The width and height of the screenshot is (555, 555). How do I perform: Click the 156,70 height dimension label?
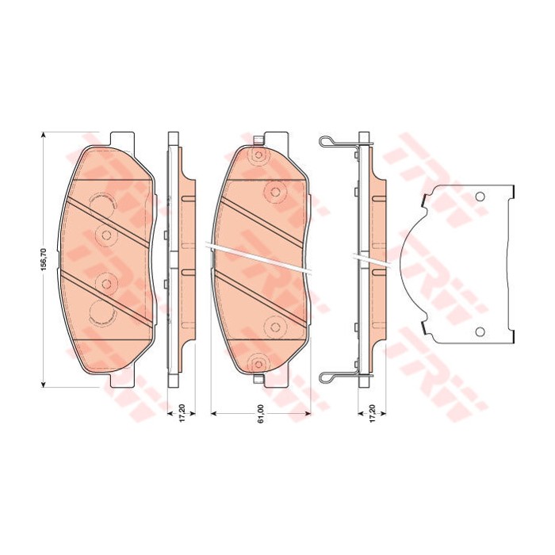tap(44, 260)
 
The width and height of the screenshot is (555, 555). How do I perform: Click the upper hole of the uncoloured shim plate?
tap(479, 197)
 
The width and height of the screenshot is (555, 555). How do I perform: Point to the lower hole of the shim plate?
tap(480, 331)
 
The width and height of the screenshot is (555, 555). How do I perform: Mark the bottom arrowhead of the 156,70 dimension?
tap(44, 384)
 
